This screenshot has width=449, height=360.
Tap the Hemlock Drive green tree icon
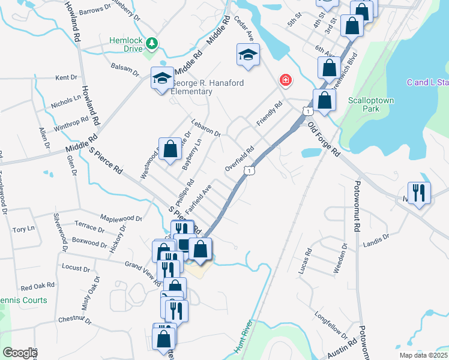pos(152,43)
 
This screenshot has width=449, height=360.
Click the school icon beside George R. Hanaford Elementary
pos(162,79)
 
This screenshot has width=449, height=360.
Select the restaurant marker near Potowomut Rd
pos(419,193)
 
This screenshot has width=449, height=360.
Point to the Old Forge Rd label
pos(324,139)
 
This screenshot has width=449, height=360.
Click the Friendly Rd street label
pos(269,114)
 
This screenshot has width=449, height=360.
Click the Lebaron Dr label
pos(206,125)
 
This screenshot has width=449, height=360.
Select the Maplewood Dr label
pos(121,218)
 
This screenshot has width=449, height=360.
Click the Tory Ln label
pos(23,229)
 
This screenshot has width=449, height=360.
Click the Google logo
pos(19,353)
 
